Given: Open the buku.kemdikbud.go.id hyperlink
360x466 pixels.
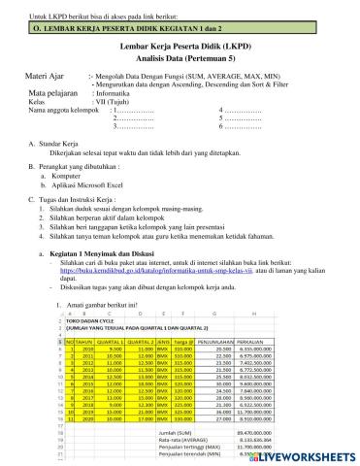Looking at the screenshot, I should pos(165,293).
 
